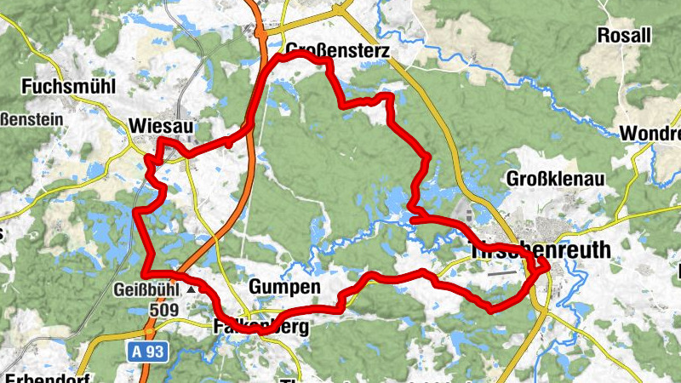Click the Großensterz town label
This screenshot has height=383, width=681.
[x=338, y=52]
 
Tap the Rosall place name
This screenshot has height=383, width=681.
[x=624, y=36]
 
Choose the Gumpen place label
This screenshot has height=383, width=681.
[x=284, y=288]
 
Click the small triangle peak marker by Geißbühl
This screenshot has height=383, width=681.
[x=192, y=289]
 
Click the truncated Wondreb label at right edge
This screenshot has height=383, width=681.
[x=651, y=134]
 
